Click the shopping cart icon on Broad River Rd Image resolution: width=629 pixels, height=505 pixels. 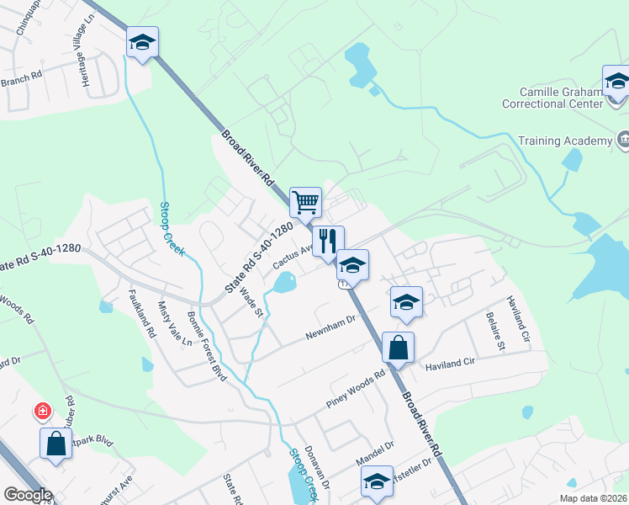[x=306, y=202]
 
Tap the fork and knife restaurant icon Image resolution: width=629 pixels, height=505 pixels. [x=328, y=241]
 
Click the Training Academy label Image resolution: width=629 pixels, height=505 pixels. [x=563, y=141]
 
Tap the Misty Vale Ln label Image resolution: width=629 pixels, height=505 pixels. [x=175, y=325]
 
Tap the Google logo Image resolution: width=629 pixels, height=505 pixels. [x=27, y=495]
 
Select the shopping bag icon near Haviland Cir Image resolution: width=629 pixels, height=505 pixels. [x=398, y=348]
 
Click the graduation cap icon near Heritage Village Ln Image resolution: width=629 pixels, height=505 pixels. [x=142, y=42]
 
